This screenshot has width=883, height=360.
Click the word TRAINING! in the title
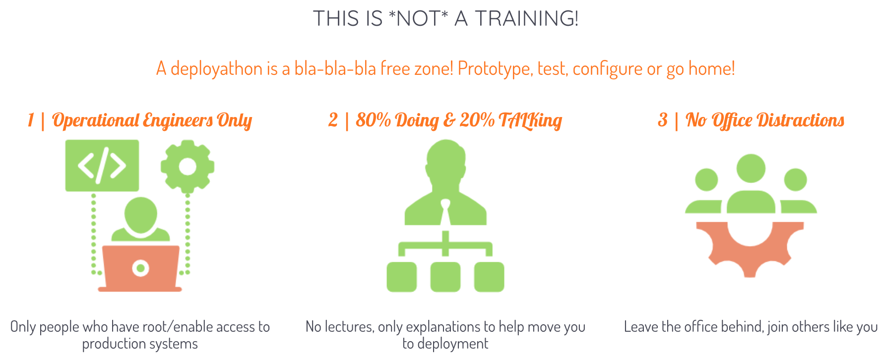[x=526, y=19]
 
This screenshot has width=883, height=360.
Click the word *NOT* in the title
[x=418, y=19]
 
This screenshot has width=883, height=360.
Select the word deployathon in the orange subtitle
[x=216, y=69]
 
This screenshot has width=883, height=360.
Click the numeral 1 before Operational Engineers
[x=31, y=120]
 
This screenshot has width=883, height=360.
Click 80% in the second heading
[x=376, y=120]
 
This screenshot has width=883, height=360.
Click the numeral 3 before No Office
[x=663, y=120]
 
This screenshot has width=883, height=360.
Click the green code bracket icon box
[x=102, y=166]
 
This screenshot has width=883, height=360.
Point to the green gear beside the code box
[x=188, y=166]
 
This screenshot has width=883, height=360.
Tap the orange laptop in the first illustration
[x=140, y=268]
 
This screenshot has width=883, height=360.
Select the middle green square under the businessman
[x=445, y=277]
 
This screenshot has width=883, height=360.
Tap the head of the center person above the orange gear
[x=751, y=169]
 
